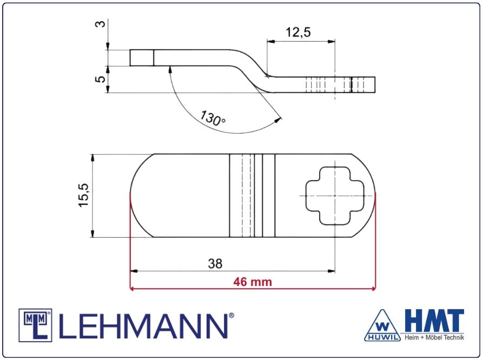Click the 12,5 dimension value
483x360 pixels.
pyautogui.click(x=298, y=32)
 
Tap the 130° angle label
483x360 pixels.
pyautogui.click(x=213, y=118)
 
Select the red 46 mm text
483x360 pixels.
pyautogui.click(x=253, y=282)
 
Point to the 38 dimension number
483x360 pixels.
pyautogui.click(x=215, y=264)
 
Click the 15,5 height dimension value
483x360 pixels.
pyautogui.click(x=83, y=195)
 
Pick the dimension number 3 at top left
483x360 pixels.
pyautogui.click(x=100, y=24)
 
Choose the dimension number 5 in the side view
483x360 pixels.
pyautogui.click(x=100, y=79)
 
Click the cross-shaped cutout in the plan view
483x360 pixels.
pyautogui.click(x=335, y=196)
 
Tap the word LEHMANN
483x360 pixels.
pyautogui.click(x=143, y=326)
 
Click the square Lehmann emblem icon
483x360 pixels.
pyautogui.click(x=35, y=325)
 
